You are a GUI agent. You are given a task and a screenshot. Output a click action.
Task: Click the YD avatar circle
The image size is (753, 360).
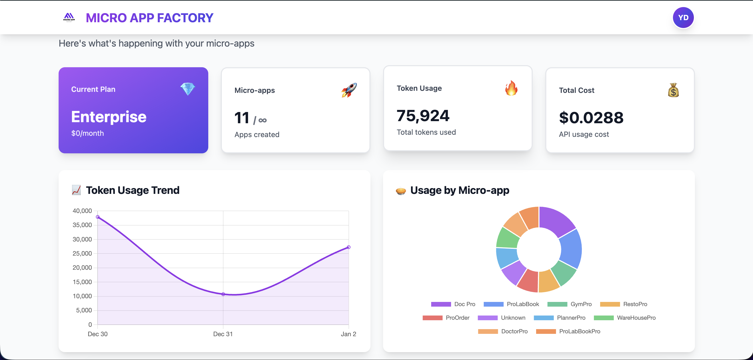click(683, 18)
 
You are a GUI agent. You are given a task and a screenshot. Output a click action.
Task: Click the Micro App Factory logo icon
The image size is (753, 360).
click(69, 18)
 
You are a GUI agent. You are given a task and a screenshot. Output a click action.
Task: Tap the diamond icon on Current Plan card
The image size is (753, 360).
click(187, 89)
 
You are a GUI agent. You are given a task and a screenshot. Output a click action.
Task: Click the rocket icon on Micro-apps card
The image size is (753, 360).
click(349, 90)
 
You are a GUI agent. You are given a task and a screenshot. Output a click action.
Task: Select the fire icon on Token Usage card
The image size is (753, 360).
click(511, 88)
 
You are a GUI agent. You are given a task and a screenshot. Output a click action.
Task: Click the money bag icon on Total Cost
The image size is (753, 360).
click(673, 90)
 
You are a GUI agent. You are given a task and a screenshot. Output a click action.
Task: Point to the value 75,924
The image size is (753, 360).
click(423, 116)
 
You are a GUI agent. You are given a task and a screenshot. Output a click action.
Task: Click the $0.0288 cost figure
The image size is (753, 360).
click(591, 118)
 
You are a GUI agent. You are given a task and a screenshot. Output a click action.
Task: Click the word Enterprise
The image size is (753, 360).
click(109, 117)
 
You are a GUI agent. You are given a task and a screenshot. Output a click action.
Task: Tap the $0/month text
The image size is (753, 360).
click(87, 133)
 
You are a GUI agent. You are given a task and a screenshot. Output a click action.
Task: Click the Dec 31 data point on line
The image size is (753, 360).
click(223, 294)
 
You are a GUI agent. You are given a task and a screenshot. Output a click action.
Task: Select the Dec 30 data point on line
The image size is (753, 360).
click(98, 217)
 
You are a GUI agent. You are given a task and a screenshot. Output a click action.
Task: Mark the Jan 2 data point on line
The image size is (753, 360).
click(349, 247)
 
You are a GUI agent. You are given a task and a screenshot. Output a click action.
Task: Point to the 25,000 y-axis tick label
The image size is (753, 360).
click(82, 253)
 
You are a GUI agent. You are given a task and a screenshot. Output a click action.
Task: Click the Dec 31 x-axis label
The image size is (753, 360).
click(223, 334)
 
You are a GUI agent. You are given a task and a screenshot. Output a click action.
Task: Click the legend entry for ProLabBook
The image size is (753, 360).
click(512, 304)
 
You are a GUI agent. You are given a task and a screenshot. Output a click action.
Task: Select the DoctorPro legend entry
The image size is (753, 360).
click(503, 331)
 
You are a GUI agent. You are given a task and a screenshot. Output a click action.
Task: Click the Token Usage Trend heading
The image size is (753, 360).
click(132, 190)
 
